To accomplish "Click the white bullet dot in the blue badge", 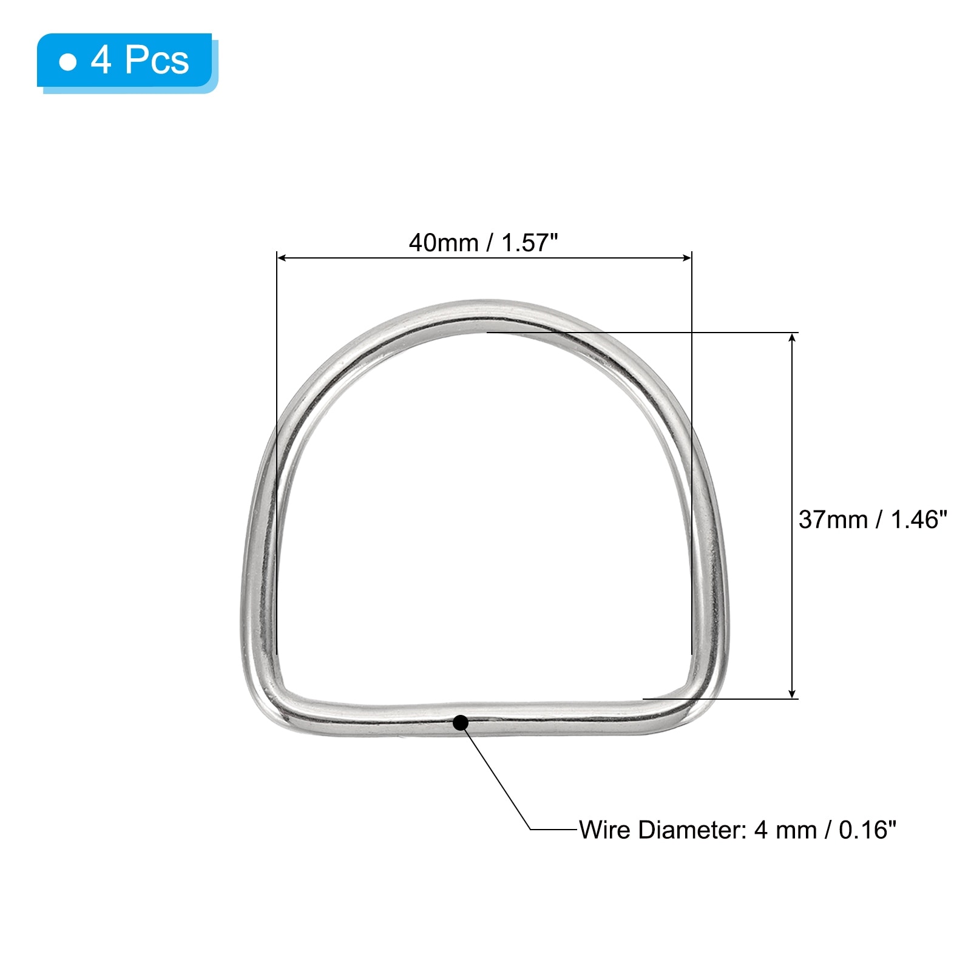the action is point(69,62).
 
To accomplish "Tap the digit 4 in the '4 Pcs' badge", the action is point(101,60).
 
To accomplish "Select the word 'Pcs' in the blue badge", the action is point(157,60).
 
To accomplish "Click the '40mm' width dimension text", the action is point(444,243).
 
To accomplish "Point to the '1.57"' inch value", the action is point(530,243).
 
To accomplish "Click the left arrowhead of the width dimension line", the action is point(282,258).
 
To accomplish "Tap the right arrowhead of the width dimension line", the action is point(686,258).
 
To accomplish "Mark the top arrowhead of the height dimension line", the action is point(792,337).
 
